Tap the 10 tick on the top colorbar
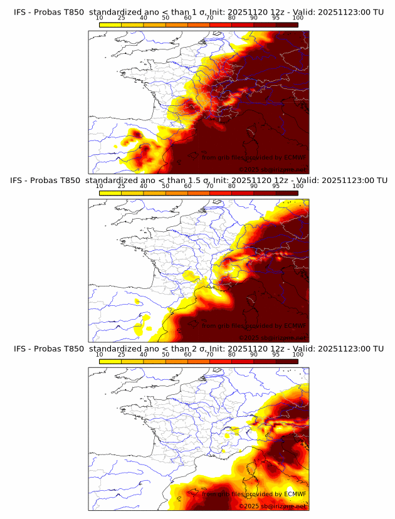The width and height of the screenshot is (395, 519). coord(99,18)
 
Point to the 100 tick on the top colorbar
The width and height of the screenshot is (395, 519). coord(298,18)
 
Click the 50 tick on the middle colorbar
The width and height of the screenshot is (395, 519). coord(166,186)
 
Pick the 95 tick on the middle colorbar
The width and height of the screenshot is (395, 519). coord(276,186)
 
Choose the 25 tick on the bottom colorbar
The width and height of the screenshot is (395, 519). coord(121,354)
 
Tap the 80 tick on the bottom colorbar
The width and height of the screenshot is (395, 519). coord(232,354)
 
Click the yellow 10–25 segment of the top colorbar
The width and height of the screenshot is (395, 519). coord(110,24)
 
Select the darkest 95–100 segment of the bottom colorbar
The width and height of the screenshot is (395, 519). coord(287,360)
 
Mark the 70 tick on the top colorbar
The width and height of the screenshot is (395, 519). coord(209,18)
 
